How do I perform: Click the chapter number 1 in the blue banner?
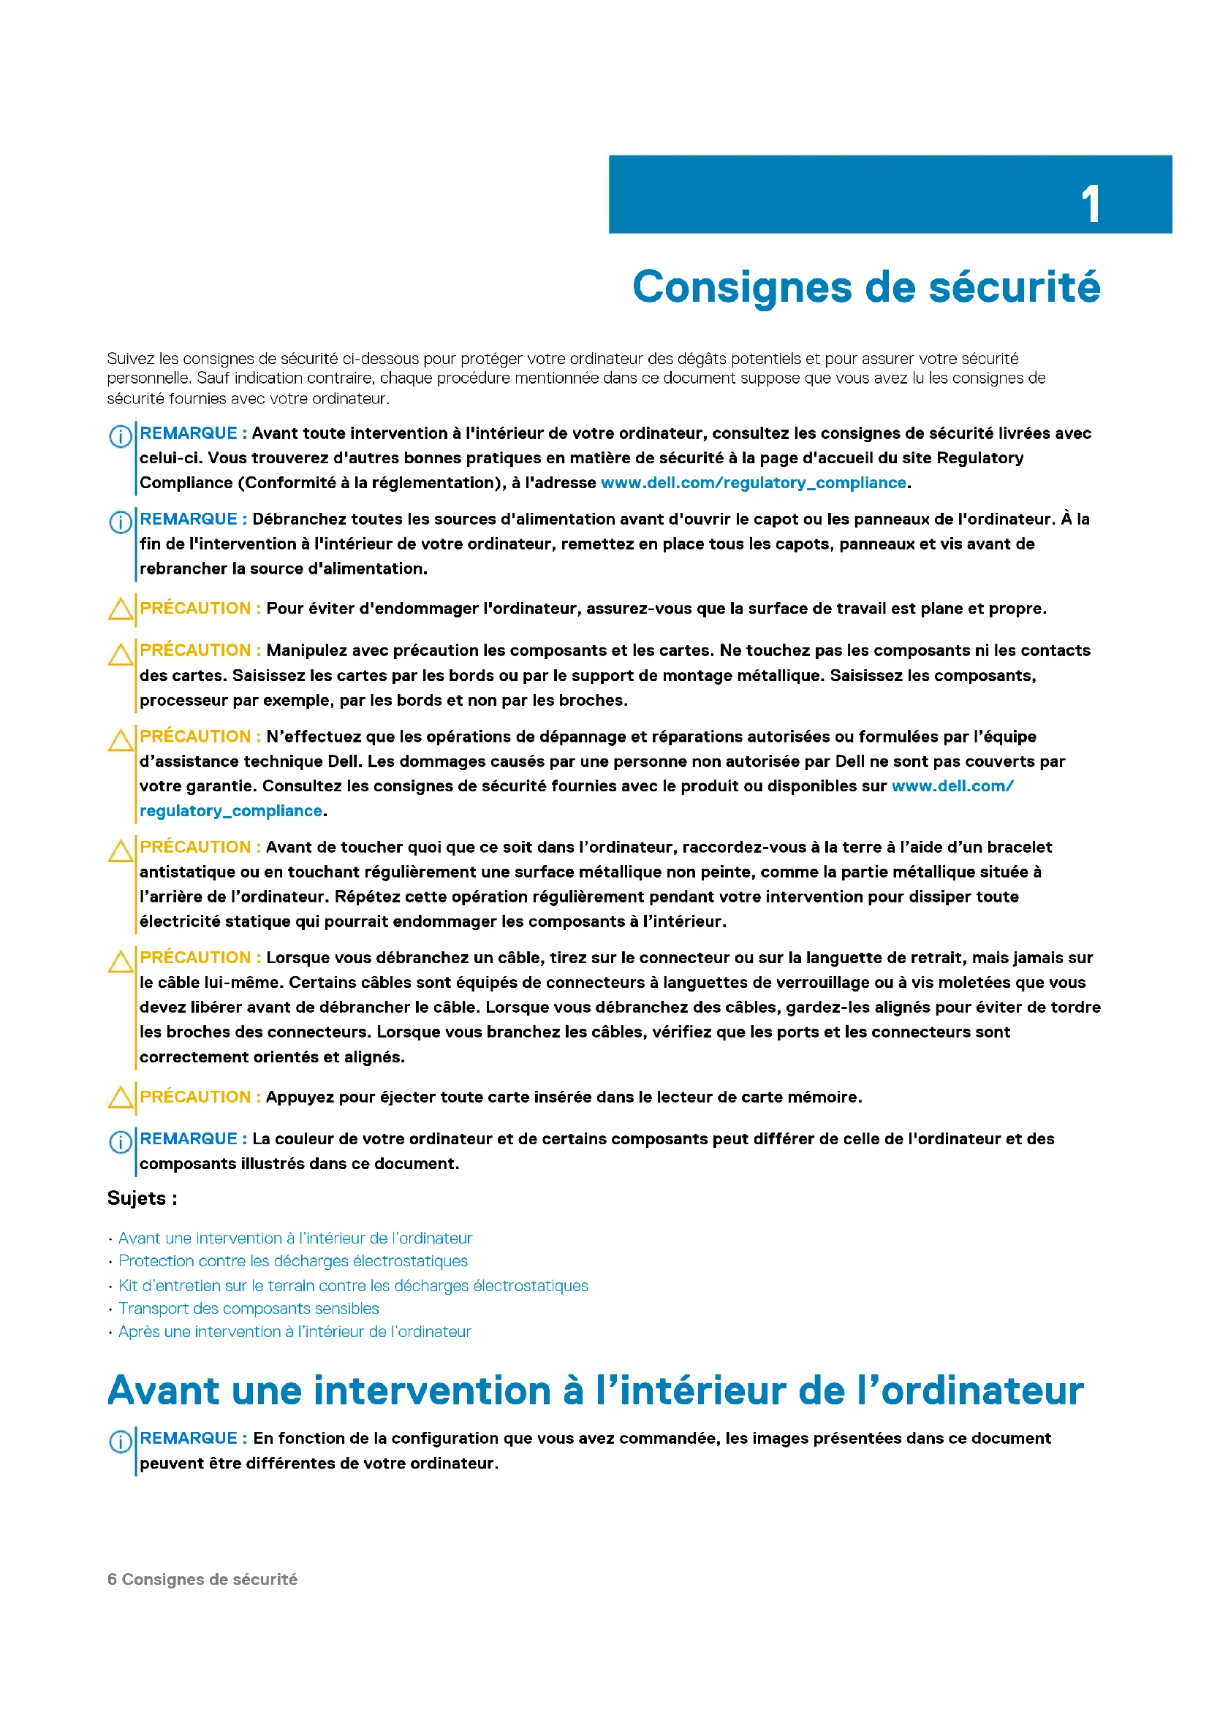pos(1090,204)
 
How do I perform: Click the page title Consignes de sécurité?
pos(865,286)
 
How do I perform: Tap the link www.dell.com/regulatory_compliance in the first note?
pos(754,482)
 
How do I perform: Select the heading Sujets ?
pos(143,1198)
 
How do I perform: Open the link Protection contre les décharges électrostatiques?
pos(293,1261)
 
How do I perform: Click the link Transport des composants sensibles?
pos(249,1308)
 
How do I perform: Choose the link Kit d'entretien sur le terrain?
pos(353,1285)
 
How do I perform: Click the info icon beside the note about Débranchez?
pos(121,522)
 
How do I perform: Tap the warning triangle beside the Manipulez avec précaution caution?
pos(121,654)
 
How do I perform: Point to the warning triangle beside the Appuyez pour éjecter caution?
pos(121,1097)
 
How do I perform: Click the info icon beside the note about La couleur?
pos(121,1142)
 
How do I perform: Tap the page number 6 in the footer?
pos(112,1579)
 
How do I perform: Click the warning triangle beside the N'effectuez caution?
pos(121,741)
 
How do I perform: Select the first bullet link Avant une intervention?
pos(295,1238)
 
